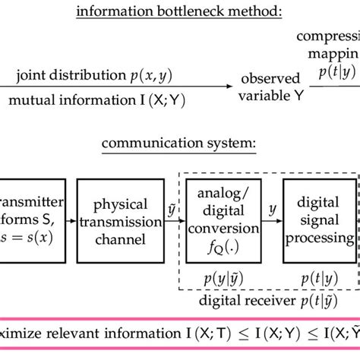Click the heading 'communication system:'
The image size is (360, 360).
click(x=180, y=143)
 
